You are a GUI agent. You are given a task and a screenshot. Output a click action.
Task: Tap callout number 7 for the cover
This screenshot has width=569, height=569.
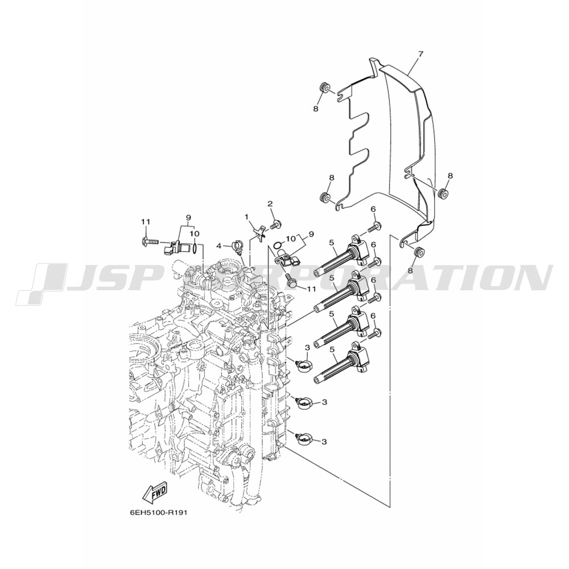click(420, 54)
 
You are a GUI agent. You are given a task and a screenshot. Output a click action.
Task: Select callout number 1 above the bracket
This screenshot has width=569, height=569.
click(246, 217)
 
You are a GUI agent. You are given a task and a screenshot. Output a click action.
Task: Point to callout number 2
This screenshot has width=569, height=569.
click(270, 204)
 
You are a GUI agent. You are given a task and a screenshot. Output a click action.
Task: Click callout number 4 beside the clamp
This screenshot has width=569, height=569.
click(219, 246)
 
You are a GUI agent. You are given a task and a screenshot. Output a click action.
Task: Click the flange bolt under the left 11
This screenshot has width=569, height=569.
click(150, 241)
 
